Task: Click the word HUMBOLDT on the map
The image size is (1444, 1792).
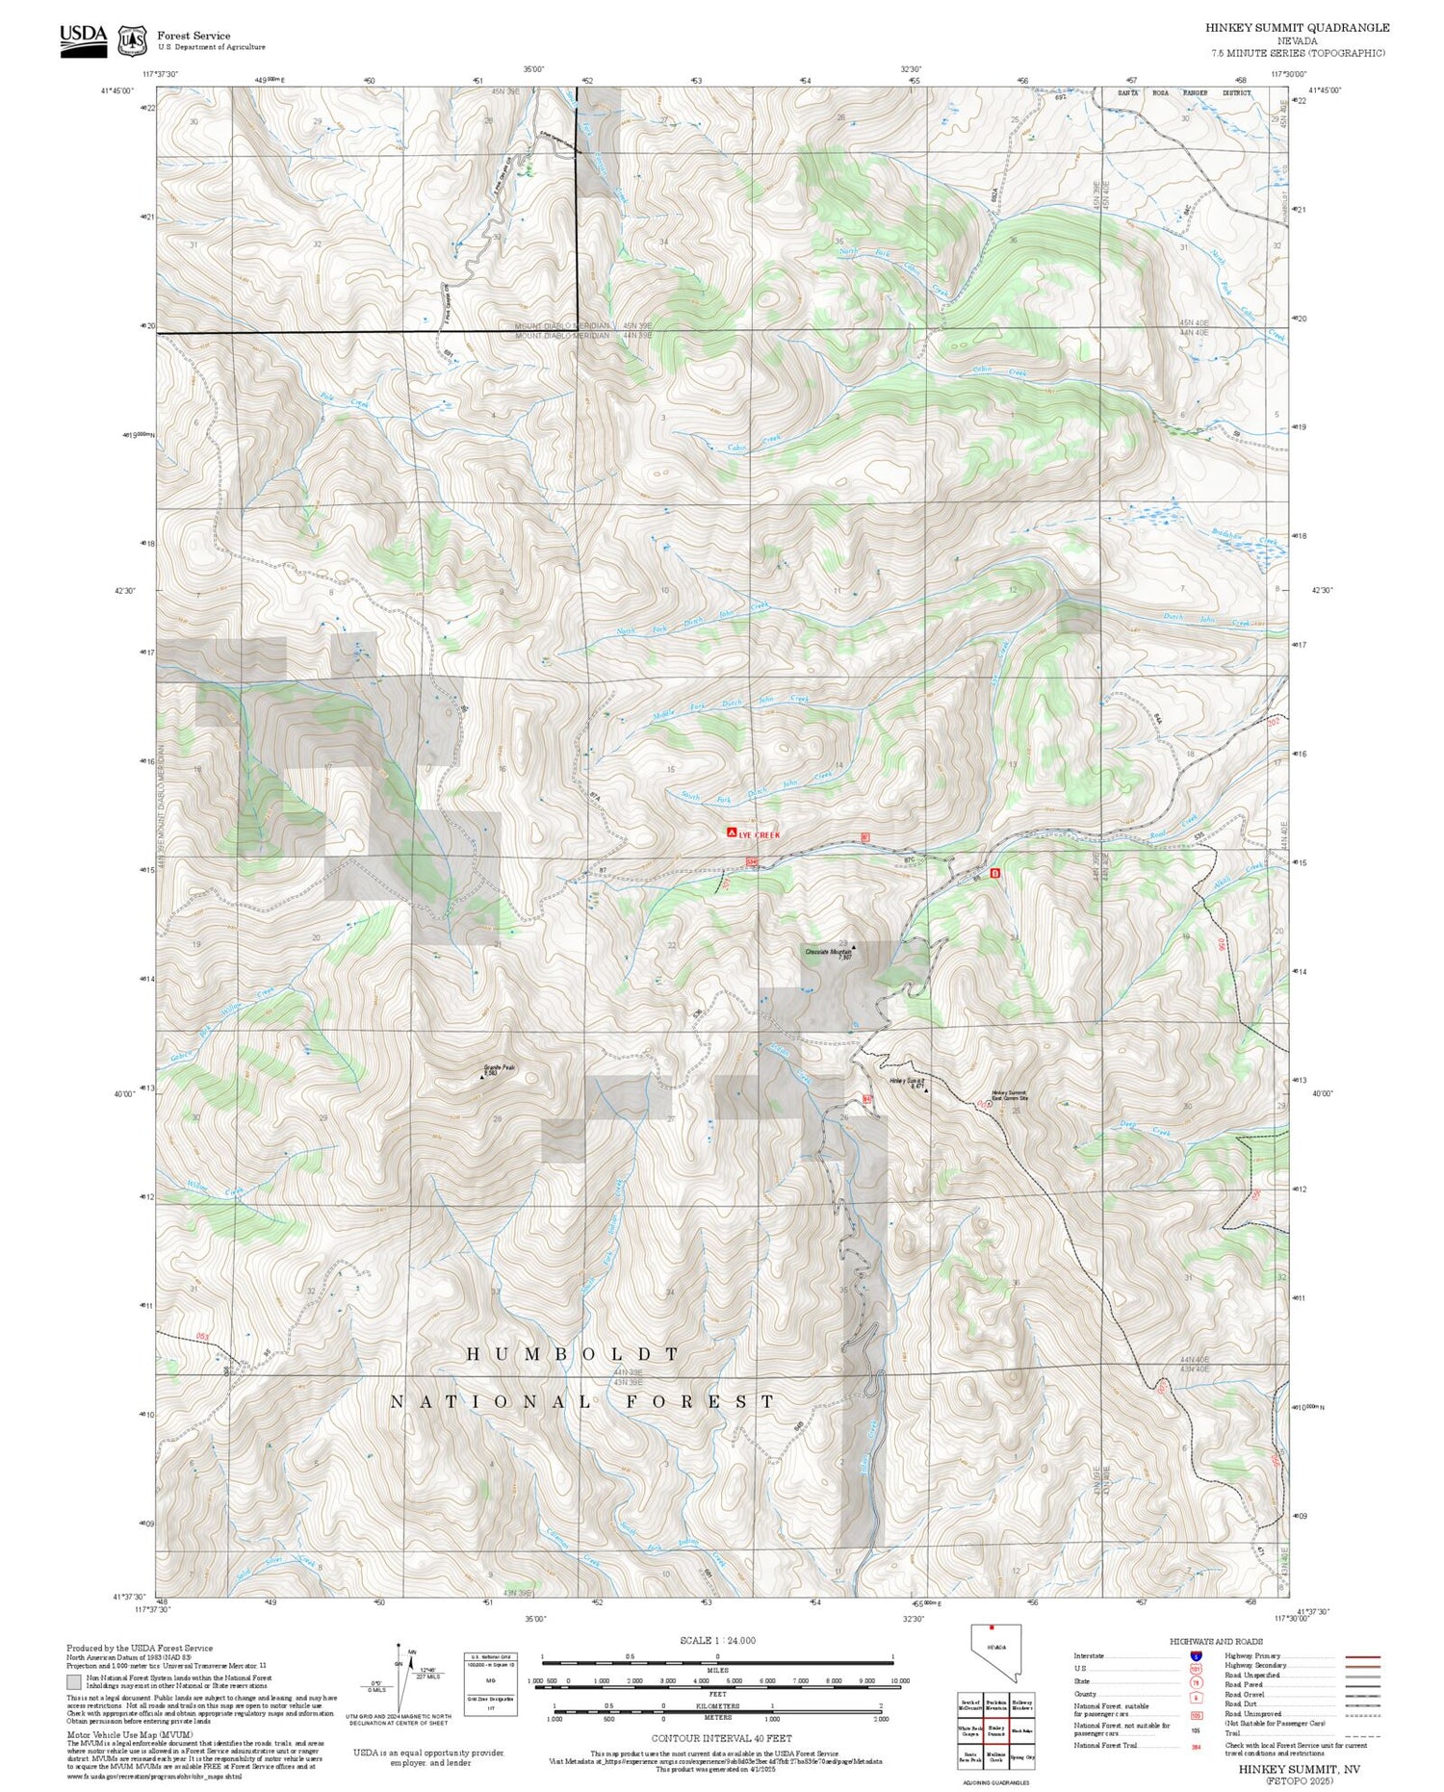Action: [574, 1353]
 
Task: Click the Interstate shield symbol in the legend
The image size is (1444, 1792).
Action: [1196, 1655]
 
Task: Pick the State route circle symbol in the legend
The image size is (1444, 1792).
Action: [1196, 1681]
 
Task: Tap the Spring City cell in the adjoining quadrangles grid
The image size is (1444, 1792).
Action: [1022, 1757]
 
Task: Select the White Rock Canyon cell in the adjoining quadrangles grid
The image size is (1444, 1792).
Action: [970, 1730]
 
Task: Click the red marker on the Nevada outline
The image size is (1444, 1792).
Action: [991, 1628]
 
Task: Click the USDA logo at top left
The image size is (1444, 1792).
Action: [84, 40]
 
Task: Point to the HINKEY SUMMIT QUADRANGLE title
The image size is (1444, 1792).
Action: [1297, 28]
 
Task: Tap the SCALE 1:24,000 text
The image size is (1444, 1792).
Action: [717, 1640]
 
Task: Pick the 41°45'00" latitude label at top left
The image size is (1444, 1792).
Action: [115, 90]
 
